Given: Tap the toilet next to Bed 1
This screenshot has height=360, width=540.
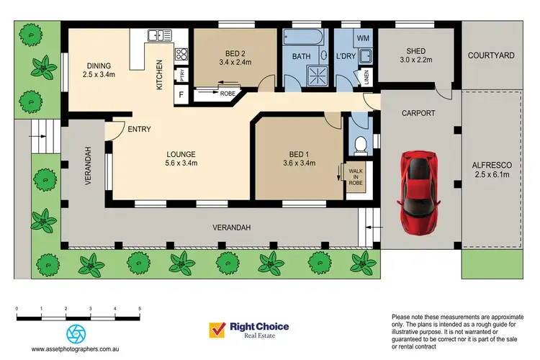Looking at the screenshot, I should [360, 145].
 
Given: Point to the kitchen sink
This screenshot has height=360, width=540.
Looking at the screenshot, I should [156, 35].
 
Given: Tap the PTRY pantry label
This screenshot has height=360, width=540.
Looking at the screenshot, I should [182, 75].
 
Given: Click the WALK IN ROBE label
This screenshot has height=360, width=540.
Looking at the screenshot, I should [355, 177].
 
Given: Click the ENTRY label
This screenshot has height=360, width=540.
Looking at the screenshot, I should [138, 130].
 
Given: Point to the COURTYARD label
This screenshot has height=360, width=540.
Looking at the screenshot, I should [490, 55].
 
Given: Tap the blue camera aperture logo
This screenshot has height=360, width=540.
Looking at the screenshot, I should [76, 333].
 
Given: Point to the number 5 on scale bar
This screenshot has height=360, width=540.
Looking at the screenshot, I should [139, 308].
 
